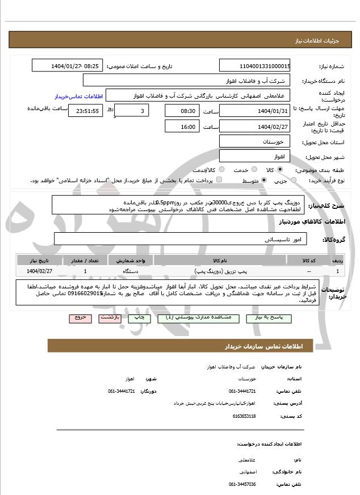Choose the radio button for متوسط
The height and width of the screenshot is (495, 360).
[264, 181]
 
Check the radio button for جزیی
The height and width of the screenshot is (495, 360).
[294, 181]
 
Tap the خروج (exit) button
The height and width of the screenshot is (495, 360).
[79, 318]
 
